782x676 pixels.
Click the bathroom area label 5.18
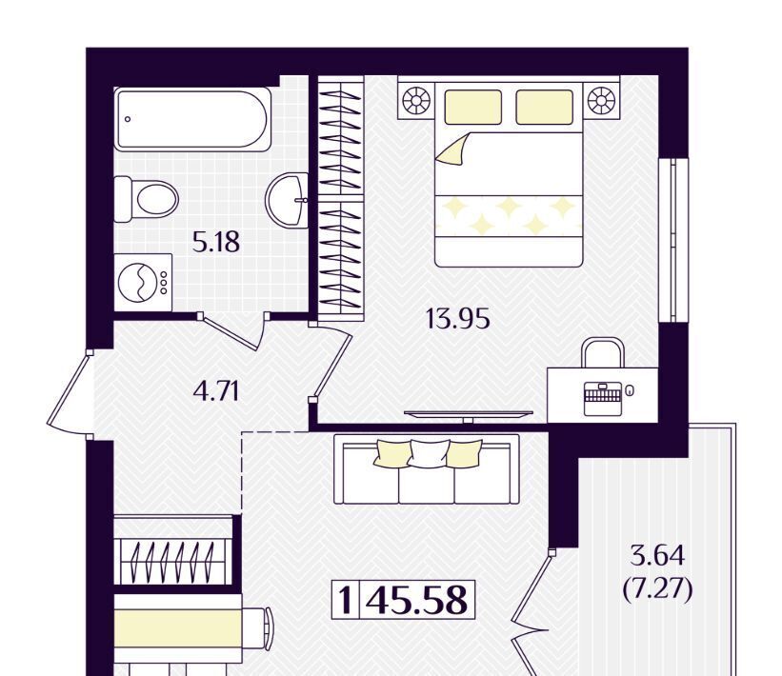(x=216, y=242)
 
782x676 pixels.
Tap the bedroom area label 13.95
(x=458, y=319)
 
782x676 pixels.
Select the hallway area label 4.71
(x=216, y=391)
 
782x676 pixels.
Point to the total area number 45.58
(x=417, y=600)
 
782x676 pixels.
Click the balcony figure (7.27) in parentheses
(x=658, y=589)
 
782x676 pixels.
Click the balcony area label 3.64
(x=657, y=556)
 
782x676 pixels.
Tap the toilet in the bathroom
(x=146, y=199)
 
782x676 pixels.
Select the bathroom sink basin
(x=287, y=199)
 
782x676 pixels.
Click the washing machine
(x=143, y=283)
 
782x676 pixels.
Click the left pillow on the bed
(x=472, y=107)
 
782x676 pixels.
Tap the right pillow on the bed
(x=544, y=107)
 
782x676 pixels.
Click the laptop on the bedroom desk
(x=603, y=398)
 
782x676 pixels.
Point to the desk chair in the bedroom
(x=603, y=352)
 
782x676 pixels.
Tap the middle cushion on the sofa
(x=429, y=453)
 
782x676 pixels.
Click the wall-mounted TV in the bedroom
(x=468, y=414)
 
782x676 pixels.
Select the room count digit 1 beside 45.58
(x=345, y=600)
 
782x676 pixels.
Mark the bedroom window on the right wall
(x=673, y=240)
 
